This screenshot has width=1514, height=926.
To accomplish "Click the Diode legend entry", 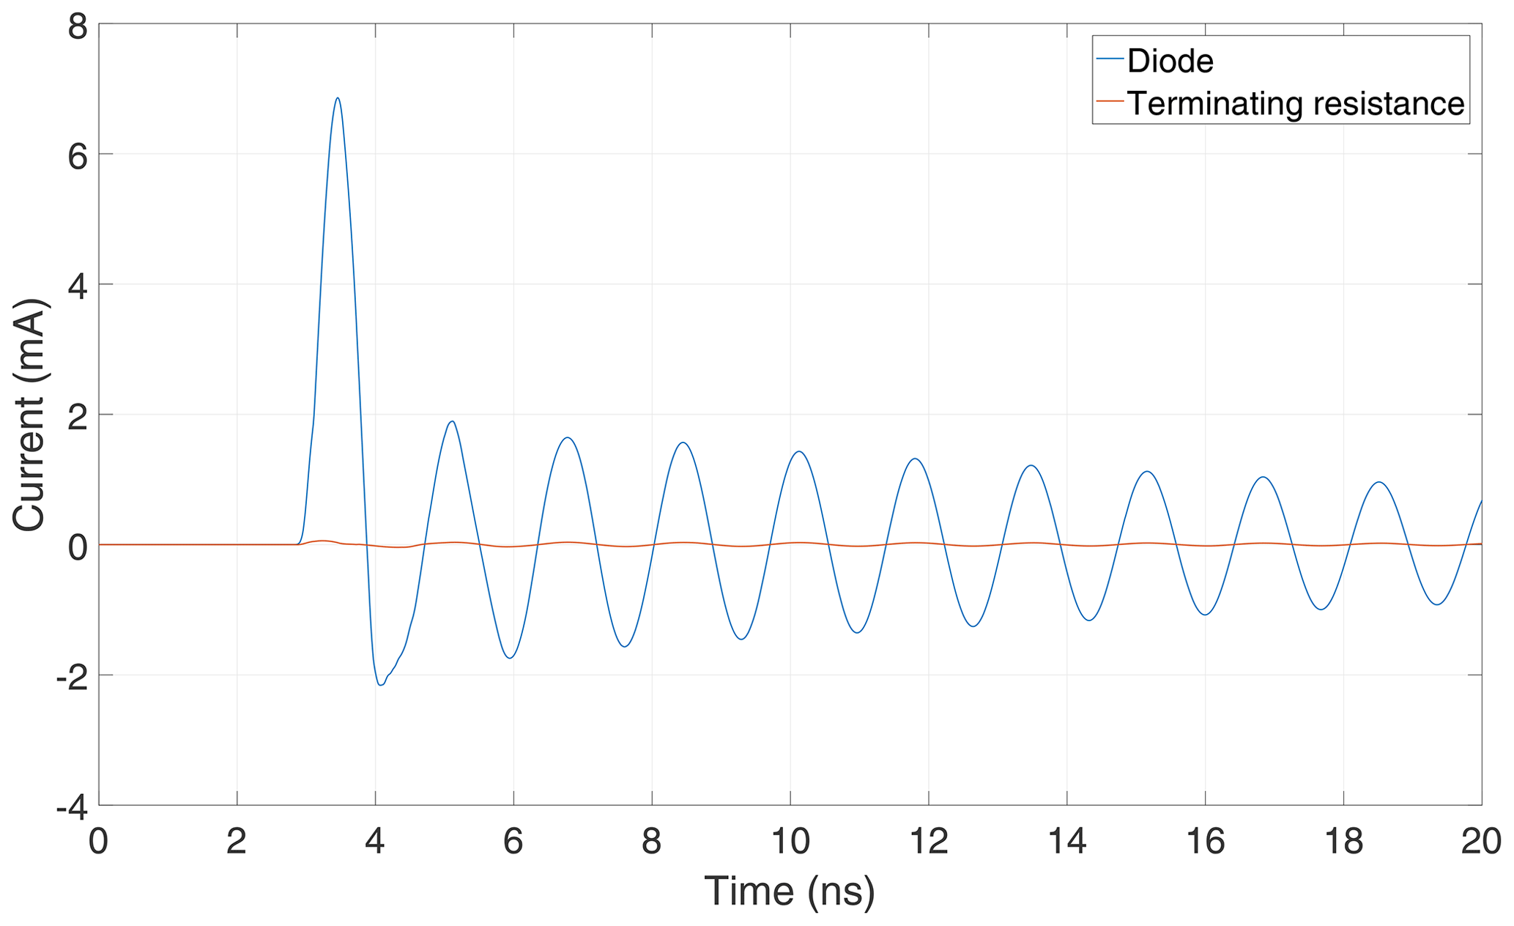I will (1170, 61).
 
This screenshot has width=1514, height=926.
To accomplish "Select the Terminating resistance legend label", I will (1295, 103).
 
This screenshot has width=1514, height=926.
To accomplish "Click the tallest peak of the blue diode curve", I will (338, 98).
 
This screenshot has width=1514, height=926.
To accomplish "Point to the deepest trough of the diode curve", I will (380, 684).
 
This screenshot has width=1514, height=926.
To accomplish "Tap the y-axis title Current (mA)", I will (29, 415).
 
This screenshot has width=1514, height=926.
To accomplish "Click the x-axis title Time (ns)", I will (790, 892).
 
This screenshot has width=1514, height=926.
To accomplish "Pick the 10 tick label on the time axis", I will (790, 842).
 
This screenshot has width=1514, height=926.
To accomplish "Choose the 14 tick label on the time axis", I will (1066, 842).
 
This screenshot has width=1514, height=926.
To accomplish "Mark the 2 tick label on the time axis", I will (237, 842).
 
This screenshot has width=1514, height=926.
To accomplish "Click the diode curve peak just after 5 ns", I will (452, 421).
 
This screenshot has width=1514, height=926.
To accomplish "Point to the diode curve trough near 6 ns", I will (511, 657).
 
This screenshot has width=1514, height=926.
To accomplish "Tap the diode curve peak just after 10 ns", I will (799, 451).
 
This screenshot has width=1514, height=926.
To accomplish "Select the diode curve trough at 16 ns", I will (1205, 614).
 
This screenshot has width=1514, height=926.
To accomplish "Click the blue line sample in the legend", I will (1110, 59).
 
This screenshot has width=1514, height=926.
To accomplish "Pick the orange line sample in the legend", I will (1110, 101).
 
